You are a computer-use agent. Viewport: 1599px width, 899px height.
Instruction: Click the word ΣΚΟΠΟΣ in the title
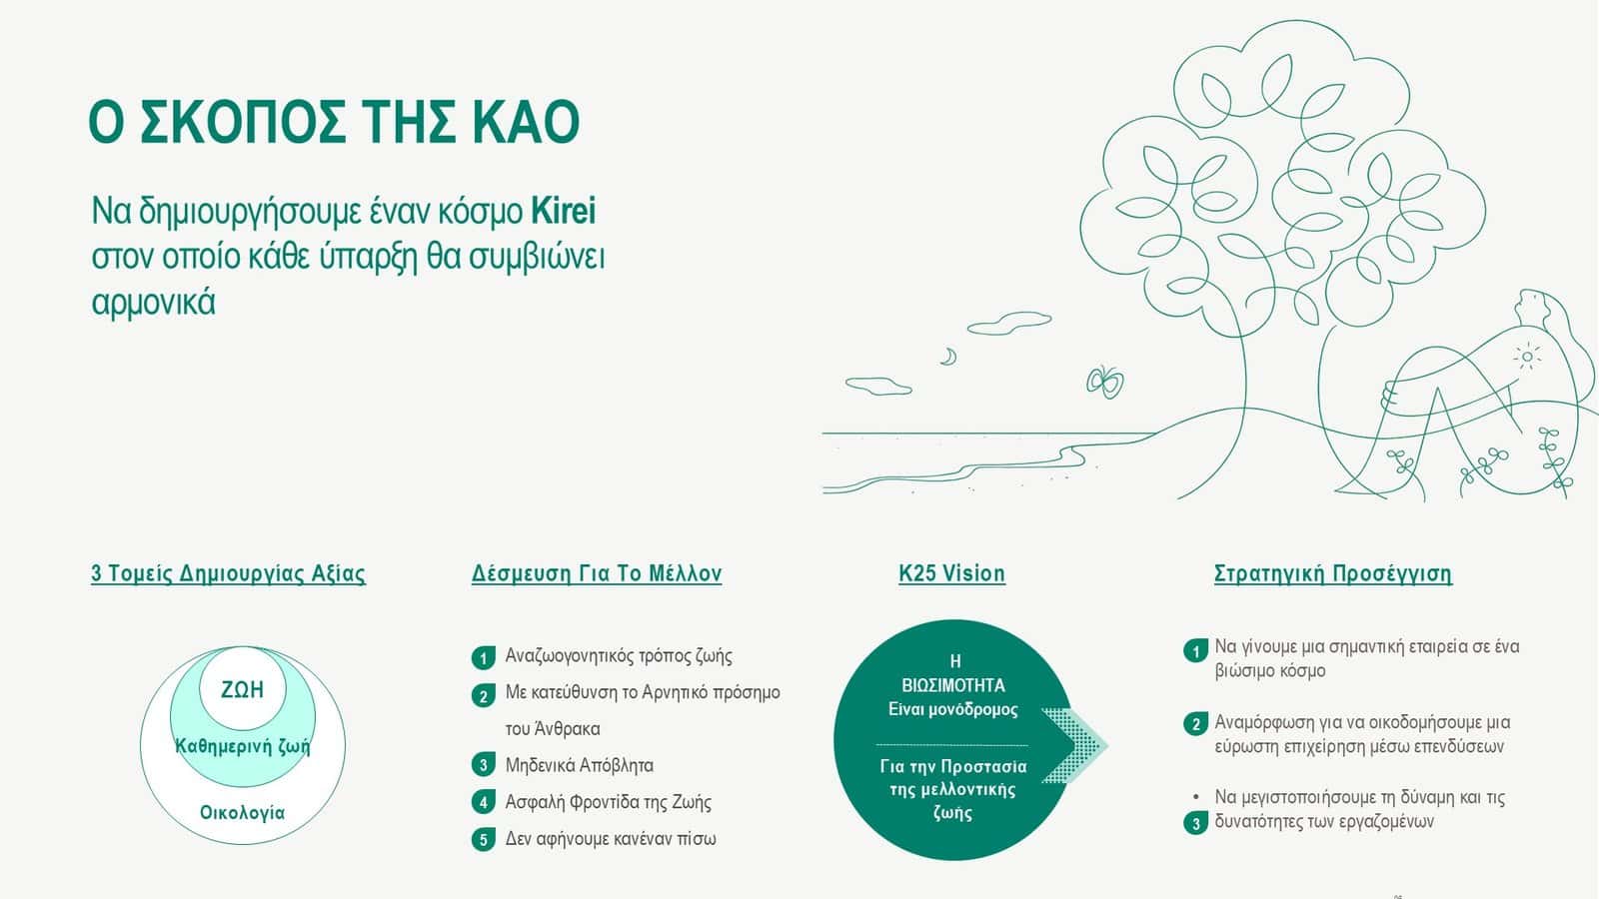coord(243,122)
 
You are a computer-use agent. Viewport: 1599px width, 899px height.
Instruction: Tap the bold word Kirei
coord(564,211)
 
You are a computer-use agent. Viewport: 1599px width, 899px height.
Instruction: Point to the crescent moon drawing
coord(948,356)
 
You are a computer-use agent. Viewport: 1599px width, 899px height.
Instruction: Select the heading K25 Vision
coord(951,573)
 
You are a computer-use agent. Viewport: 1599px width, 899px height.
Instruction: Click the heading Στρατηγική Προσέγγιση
coord(1333,573)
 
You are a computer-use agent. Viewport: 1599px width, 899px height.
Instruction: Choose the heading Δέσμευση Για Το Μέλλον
coord(596,573)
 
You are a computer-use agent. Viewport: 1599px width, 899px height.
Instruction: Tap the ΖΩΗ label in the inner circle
coord(242,690)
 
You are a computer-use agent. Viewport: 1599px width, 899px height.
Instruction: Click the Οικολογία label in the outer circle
coord(242,813)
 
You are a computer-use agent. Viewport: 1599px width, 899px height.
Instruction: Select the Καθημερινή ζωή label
coord(243,747)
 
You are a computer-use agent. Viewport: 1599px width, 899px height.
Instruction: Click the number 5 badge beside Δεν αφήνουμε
coord(484,840)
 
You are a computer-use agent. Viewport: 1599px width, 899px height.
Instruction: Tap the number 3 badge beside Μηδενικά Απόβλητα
coord(484,765)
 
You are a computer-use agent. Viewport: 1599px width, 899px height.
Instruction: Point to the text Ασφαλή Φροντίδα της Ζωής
coord(609,803)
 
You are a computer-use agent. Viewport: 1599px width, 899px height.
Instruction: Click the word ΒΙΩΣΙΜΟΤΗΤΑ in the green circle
coord(953,685)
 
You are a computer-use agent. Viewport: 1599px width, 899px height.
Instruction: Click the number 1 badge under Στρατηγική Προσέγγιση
coord(1195,650)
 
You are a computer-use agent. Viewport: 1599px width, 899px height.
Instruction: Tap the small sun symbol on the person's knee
coord(1527,356)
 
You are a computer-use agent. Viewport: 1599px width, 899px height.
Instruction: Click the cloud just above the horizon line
coord(878,386)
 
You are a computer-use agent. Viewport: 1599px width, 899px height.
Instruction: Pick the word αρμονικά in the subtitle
coord(154,303)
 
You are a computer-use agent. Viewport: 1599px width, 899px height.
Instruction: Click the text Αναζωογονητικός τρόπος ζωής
coord(619,656)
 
